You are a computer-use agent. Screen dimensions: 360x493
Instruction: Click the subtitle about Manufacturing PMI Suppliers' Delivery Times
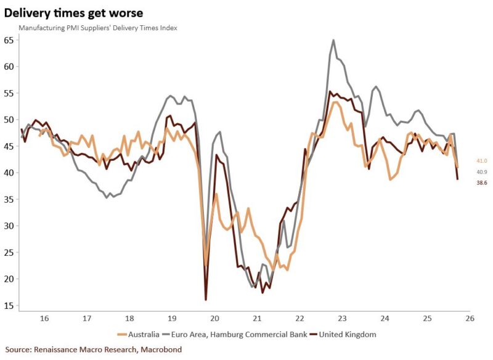(98, 28)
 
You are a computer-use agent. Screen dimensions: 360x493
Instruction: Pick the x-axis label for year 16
(44, 319)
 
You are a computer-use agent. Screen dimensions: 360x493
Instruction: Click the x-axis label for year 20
(215, 319)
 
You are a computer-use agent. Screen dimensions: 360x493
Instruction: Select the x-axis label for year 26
(470, 319)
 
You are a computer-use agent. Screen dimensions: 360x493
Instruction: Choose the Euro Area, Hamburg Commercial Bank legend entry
(237, 334)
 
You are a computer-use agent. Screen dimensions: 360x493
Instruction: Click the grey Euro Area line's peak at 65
(333, 41)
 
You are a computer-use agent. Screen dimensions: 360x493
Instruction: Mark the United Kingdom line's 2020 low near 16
(205, 300)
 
